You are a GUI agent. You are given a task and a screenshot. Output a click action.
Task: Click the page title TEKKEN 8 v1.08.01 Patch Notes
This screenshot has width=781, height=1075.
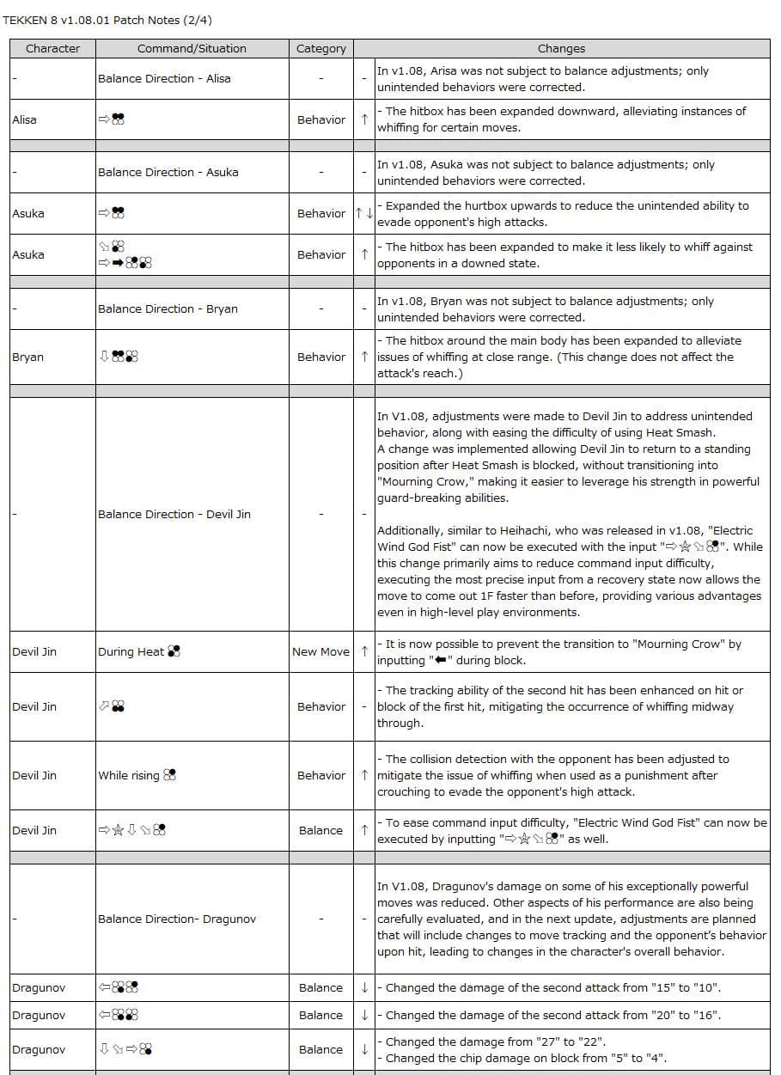pos(107,20)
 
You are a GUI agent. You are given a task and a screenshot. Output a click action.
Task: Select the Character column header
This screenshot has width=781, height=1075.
pos(52,49)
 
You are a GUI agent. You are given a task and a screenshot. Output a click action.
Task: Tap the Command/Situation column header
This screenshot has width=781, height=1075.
pos(192,49)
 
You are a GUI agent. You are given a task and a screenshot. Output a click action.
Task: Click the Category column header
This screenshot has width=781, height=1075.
pos(321,49)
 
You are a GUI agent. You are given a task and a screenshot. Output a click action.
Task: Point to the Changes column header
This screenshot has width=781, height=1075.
pos(561,49)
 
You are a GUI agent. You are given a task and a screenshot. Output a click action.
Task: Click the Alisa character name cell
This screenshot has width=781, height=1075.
pos(25,119)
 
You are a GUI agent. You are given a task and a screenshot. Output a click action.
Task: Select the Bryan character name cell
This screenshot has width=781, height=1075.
pos(27,357)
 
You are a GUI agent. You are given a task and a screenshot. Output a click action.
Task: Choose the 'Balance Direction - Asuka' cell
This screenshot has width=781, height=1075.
pos(168,172)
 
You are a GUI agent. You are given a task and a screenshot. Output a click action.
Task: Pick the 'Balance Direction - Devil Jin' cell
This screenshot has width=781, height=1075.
pos(174,514)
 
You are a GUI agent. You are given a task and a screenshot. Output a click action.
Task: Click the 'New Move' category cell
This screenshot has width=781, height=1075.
pos(320,651)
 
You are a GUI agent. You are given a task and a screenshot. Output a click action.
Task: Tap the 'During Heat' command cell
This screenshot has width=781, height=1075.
pos(138,651)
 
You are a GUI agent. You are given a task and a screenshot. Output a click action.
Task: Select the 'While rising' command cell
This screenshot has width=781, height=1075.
pos(137,775)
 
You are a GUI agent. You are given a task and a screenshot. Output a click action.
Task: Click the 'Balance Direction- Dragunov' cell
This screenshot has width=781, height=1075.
pos(177,919)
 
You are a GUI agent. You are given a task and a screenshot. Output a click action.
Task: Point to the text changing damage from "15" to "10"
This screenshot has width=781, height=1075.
pos(552,987)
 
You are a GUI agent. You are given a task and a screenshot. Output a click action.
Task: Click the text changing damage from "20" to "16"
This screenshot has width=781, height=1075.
pos(552,1015)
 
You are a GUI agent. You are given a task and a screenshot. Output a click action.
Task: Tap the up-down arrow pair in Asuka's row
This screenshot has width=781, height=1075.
pos(364,213)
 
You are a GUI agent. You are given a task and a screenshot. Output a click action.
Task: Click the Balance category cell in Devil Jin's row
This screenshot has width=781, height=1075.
pos(320,830)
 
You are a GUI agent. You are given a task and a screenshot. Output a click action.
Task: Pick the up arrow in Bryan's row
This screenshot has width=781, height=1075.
pos(364,357)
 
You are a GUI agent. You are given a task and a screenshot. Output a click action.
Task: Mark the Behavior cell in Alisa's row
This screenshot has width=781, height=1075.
pos(321,119)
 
